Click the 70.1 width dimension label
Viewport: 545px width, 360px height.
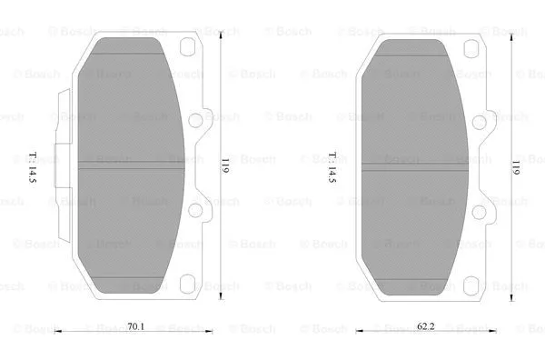coord(135,325)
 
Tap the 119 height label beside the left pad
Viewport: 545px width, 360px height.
coord(224,166)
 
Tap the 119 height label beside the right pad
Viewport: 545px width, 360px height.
coord(514,166)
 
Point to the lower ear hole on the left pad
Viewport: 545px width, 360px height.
coord(193,210)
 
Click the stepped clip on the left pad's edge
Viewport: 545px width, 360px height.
coord(64,164)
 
